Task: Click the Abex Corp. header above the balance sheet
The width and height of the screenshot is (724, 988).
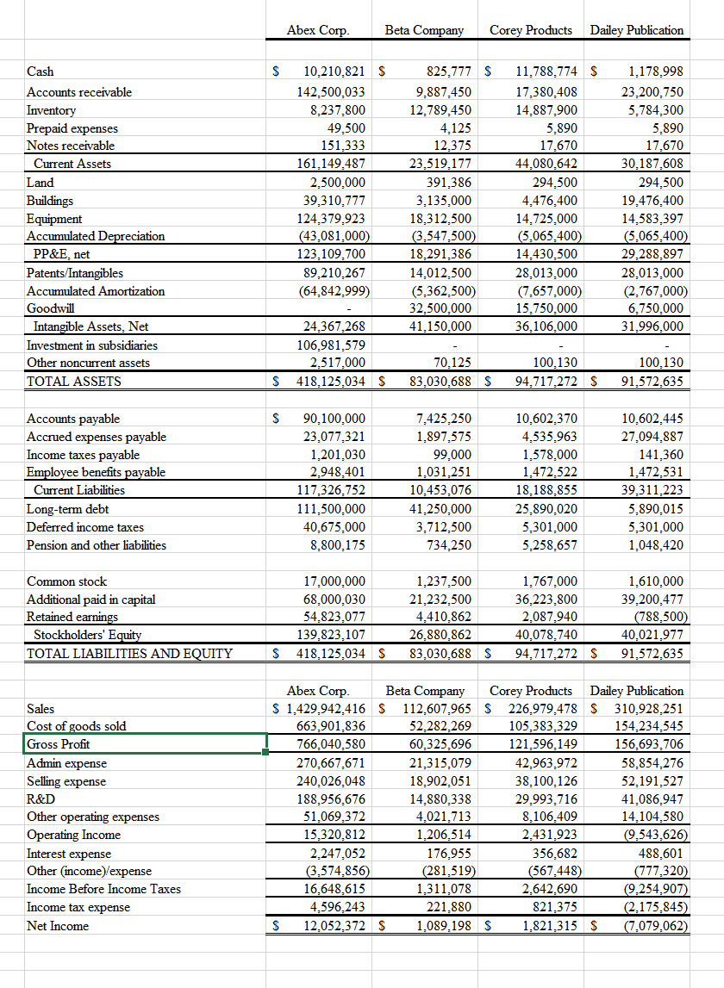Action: (317, 30)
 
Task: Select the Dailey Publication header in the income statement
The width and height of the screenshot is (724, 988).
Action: (637, 691)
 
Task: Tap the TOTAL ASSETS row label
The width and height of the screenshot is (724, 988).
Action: (74, 381)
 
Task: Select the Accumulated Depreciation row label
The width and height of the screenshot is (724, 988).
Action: (96, 236)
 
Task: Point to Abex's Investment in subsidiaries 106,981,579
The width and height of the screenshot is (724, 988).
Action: (330, 345)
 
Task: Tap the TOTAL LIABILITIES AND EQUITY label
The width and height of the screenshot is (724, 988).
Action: (129, 653)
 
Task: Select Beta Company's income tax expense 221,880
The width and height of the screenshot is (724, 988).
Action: (448, 907)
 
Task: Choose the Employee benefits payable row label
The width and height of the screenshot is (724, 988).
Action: (96, 472)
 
